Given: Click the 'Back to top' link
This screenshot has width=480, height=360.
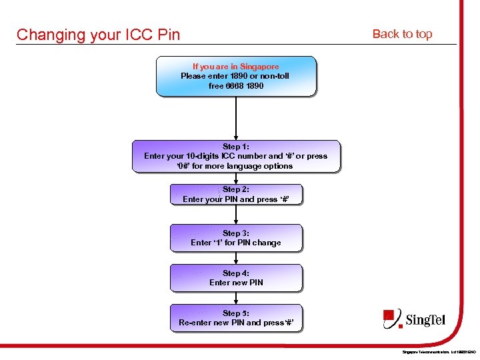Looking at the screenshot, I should (x=402, y=34).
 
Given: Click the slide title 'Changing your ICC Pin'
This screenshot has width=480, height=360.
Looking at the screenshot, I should (x=98, y=35).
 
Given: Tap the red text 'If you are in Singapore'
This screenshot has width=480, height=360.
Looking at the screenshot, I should (x=236, y=67).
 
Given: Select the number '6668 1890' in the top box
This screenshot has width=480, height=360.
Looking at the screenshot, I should (x=245, y=86).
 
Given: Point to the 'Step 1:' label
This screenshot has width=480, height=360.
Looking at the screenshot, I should (x=236, y=147).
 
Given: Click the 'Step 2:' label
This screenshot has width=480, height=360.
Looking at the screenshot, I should (x=236, y=189).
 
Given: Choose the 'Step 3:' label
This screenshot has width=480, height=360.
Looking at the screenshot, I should (x=236, y=233).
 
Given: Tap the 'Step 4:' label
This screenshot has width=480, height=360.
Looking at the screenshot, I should (x=236, y=273).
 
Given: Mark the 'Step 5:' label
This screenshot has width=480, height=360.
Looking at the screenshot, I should (x=236, y=313).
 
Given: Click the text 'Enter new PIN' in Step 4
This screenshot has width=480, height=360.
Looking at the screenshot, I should (x=236, y=283).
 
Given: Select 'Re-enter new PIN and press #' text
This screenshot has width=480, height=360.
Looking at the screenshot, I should (x=236, y=323).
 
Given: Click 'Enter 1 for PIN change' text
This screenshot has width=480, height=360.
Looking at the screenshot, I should (x=236, y=243).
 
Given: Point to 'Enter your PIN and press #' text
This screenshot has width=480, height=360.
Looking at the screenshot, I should (x=236, y=199).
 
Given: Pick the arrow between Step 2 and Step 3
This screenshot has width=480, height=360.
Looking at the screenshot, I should (x=236, y=215).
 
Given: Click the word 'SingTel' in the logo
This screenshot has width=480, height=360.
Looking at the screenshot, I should (x=425, y=321).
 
